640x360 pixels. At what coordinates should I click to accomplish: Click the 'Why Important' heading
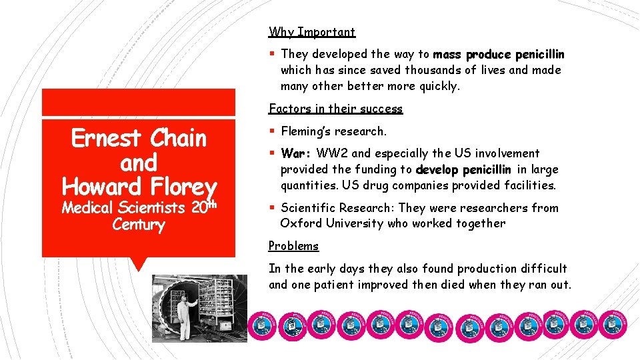[x=311, y=32]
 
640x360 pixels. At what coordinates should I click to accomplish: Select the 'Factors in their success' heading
[x=335, y=109]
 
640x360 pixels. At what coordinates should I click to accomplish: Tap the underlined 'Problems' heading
[x=293, y=246]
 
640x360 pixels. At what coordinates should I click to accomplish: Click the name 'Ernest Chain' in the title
[x=139, y=139]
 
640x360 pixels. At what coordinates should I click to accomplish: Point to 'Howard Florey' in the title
[x=139, y=187]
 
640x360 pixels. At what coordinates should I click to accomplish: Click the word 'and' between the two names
[x=139, y=163]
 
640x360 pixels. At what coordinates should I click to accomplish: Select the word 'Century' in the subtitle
[x=139, y=225]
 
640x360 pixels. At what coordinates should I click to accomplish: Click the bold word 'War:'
[x=297, y=153]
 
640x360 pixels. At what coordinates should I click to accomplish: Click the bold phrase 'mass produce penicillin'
[x=498, y=54]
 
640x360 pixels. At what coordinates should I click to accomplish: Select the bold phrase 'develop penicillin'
[x=463, y=169]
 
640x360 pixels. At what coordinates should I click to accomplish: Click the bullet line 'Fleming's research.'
[x=333, y=131]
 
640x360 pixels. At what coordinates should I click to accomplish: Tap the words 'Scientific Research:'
[x=337, y=208]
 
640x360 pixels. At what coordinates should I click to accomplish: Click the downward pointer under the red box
[x=139, y=264]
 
